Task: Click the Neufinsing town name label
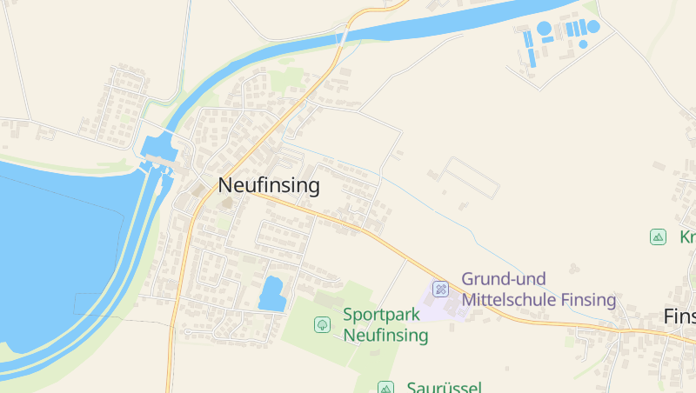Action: (269, 185)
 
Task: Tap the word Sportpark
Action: (379, 315)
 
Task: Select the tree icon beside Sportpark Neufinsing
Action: (322, 324)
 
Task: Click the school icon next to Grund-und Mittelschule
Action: (441, 289)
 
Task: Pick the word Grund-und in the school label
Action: (504, 279)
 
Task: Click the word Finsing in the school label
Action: (588, 300)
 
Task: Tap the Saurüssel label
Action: (444, 387)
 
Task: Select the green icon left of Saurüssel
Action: (385, 387)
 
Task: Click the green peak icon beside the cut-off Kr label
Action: (659, 236)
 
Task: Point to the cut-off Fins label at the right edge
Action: (679, 316)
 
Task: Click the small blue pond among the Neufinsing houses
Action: (272, 293)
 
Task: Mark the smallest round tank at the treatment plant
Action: (582, 43)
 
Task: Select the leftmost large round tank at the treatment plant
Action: (545, 29)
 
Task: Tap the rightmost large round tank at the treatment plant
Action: (593, 27)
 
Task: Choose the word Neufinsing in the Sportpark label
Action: (385, 335)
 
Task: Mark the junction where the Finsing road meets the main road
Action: (251, 193)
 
